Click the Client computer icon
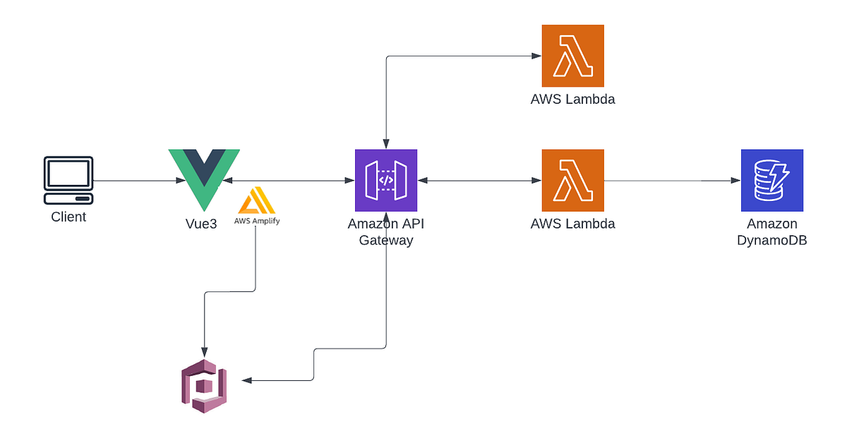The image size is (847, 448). click(68, 181)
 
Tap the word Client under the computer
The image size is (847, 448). click(68, 217)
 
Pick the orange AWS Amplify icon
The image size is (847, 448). click(256, 200)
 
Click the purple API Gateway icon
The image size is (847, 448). click(385, 181)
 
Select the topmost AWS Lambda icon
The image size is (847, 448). click(572, 56)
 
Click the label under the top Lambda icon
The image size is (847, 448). click(572, 99)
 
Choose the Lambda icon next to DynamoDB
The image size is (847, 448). click(572, 181)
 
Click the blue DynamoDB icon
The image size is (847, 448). click(771, 181)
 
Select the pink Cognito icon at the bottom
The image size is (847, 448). click(204, 385)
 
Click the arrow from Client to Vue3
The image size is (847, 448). click(134, 181)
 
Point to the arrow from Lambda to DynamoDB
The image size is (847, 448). click(671, 181)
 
